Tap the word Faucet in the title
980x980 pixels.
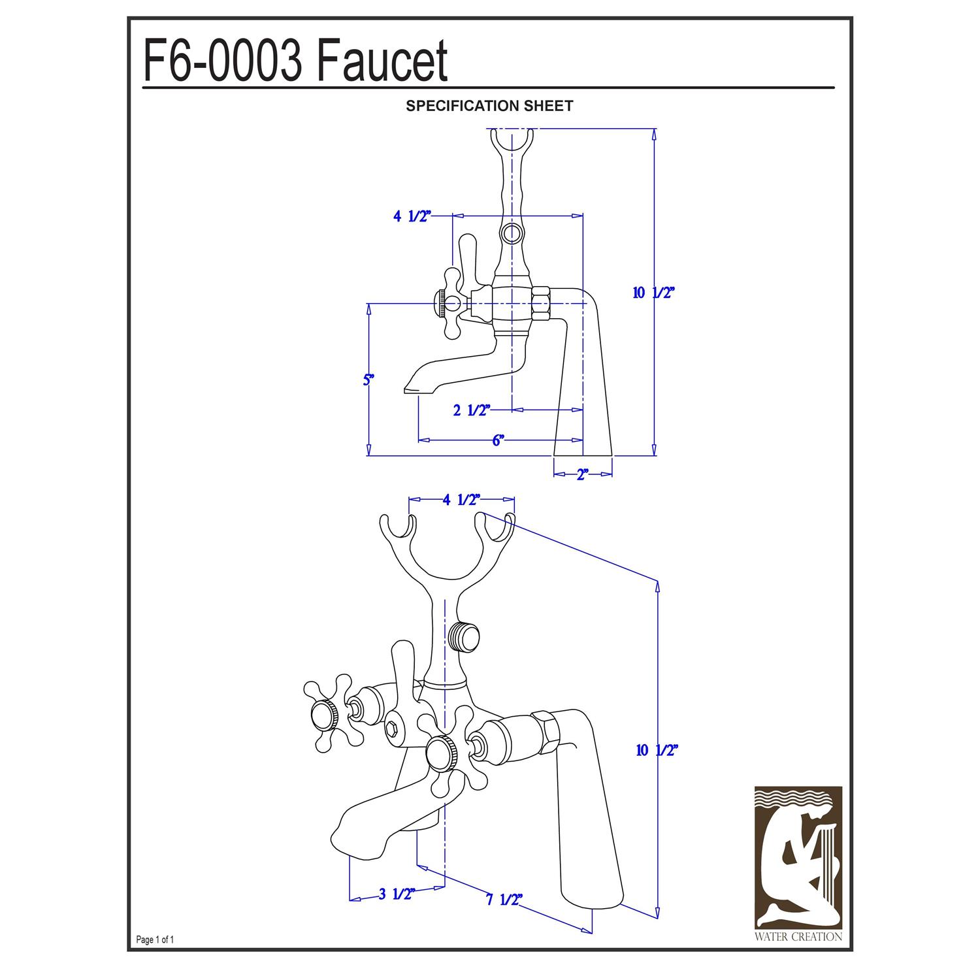point(382,61)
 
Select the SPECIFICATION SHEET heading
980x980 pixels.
point(489,106)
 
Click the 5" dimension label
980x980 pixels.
point(368,380)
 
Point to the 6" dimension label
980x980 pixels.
point(498,440)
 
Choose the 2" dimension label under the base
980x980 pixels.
point(583,475)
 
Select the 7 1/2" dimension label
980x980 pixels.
point(504,900)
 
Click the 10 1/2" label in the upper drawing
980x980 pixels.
point(653,293)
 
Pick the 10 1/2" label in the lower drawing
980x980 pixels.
point(657,751)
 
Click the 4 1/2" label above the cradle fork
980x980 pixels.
point(461,500)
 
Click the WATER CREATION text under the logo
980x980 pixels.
point(798,937)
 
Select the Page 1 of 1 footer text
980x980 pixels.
point(155,940)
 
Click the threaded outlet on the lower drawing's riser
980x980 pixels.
point(465,638)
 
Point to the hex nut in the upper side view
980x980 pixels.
point(542,304)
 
